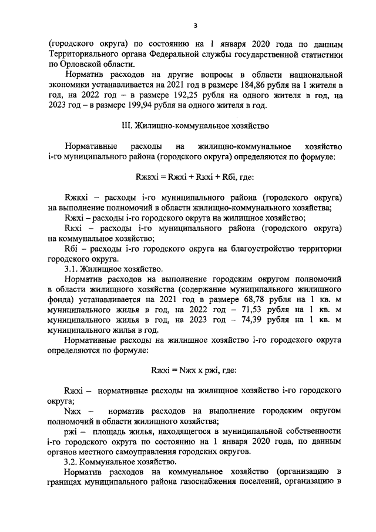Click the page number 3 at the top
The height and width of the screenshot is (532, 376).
pyautogui.click(x=194, y=25)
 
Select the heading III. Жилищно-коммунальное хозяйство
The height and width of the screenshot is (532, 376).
pyautogui.click(x=194, y=125)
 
